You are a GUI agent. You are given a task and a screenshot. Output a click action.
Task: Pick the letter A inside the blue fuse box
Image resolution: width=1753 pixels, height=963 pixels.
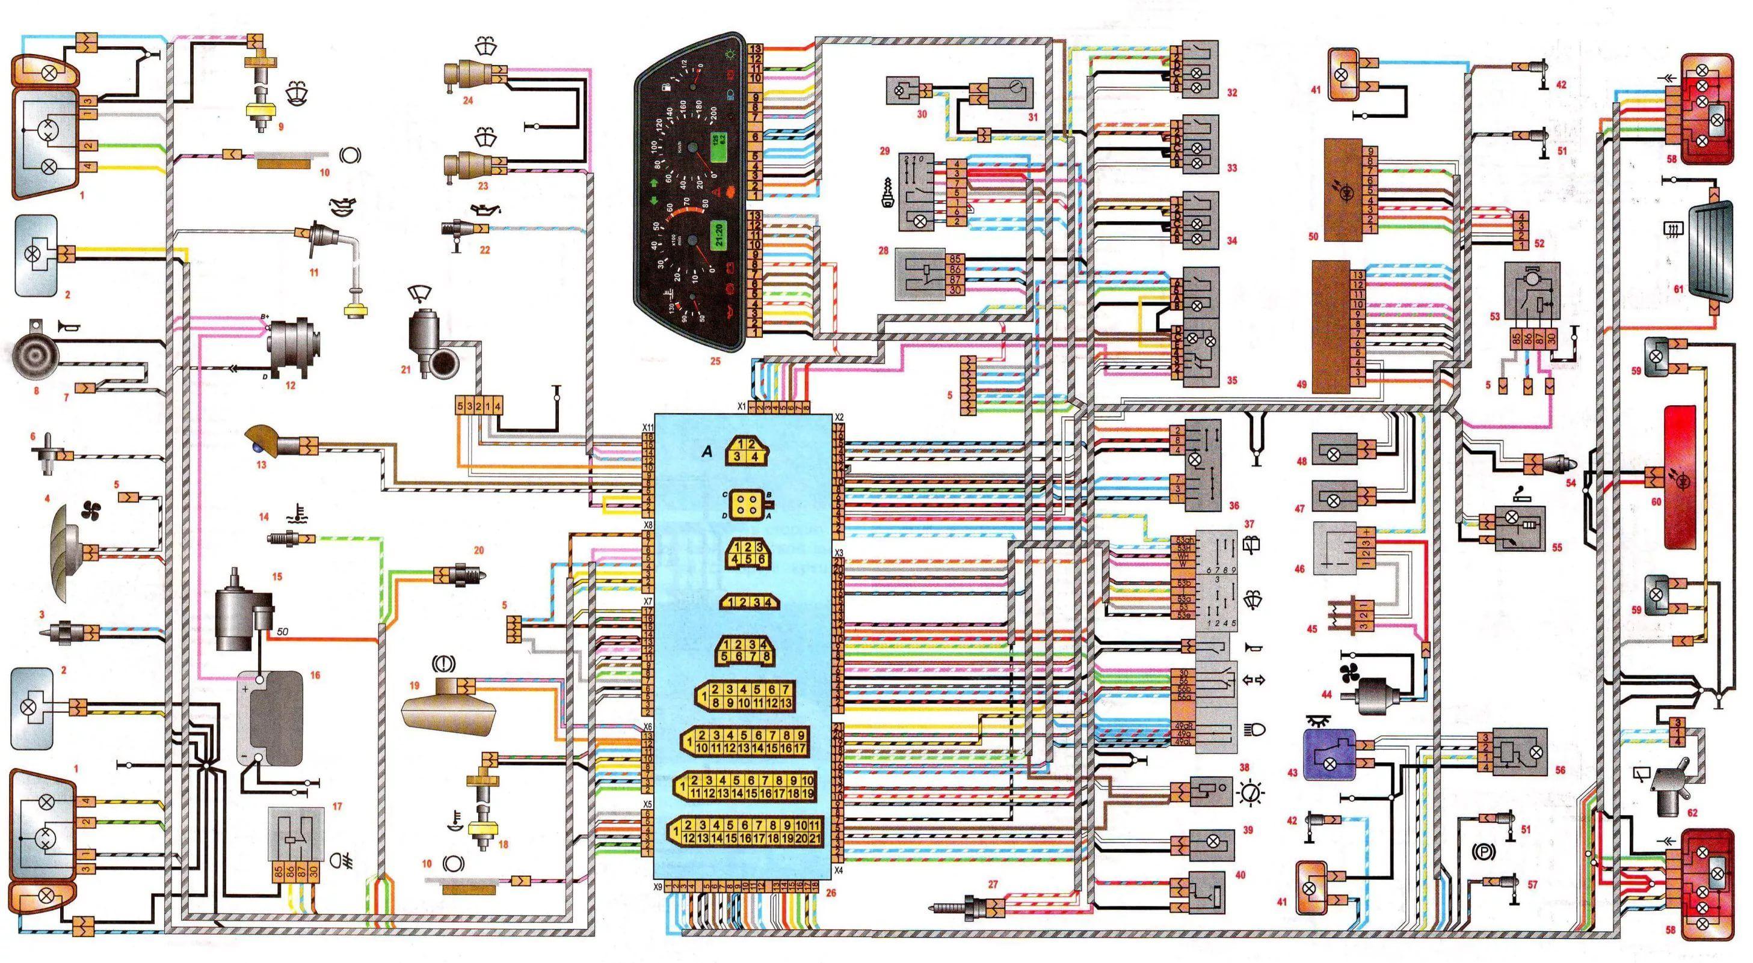[707, 450]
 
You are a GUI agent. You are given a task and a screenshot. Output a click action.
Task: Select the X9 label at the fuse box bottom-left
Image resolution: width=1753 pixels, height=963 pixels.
[658, 887]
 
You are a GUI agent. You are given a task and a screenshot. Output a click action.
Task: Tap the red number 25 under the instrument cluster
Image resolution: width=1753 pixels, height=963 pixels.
[715, 362]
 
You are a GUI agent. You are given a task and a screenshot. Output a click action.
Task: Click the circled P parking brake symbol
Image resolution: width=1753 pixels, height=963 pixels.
[1483, 851]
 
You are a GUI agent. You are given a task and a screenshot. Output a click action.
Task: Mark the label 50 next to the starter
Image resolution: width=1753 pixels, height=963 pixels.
[282, 632]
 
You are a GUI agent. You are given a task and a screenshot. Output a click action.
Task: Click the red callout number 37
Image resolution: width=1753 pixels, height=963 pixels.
[1248, 524]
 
